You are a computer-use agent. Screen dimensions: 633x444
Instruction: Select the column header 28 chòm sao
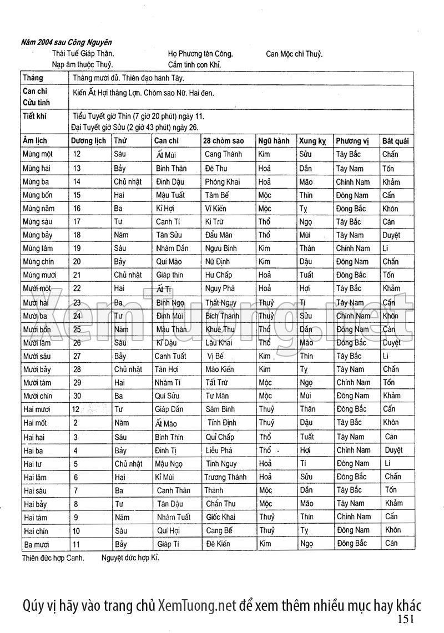[x=223, y=141]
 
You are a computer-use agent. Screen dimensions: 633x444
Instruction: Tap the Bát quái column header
[x=395, y=141]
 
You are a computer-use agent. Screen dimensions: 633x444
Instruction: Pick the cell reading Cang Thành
[x=223, y=154]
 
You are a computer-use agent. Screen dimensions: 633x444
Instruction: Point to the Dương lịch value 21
[x=77, y=275]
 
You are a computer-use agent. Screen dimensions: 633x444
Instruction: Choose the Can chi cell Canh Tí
[x=167, y=222]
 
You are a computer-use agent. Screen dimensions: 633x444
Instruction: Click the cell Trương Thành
[x=225, y=477]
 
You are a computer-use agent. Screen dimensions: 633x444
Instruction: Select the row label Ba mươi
[x=37, y=544]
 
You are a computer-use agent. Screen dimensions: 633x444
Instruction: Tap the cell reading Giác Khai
[x=221, y=517]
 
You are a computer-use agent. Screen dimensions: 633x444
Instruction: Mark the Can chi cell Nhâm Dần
[x=170, y=249]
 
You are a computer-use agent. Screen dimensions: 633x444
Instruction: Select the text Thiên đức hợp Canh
[x=53, y=558]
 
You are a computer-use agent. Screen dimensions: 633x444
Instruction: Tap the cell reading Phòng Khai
[x=222, y=182]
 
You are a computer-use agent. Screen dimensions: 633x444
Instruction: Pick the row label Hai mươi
[x=37, y=409]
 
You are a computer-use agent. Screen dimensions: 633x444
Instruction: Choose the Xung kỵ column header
[x=312, y=141]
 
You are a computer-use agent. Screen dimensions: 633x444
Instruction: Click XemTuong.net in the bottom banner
[x=197, y=604]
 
